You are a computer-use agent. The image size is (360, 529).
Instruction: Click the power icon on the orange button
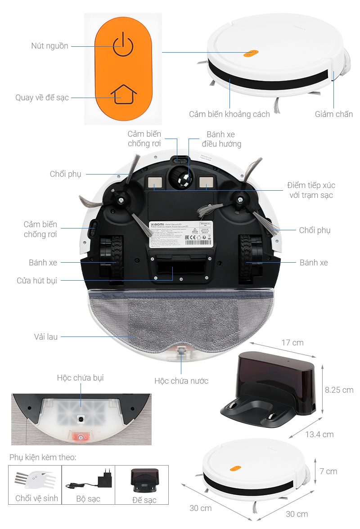pyautogui.click(x=123, y=45)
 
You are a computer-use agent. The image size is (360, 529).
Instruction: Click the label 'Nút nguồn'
pyautogui.click(x=50, y=46)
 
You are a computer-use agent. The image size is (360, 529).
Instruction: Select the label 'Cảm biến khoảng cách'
pyautogui.click(x=229, y=114)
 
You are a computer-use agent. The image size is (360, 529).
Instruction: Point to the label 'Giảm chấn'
pyautogui.click(x=333, y=114)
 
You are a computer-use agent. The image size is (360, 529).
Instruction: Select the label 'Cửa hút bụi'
pyautogui.click(x=37, y=280)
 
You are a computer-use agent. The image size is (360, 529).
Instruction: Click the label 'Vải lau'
pyautogui.click(x=46, y=336)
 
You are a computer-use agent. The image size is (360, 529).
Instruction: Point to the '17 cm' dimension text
pyautogui.click(x=292, y=343)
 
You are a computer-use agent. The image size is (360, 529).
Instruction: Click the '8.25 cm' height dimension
pyautogui.click(x=339, y=390)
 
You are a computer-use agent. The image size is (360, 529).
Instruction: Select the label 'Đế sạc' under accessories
pyautogui.click(x=144, y=500)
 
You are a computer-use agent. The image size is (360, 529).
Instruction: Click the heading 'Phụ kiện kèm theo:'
pyautogui.click(x=43, y=457)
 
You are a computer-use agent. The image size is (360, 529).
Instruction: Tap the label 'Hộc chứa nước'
pyautogui.click(x=181, y=381)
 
